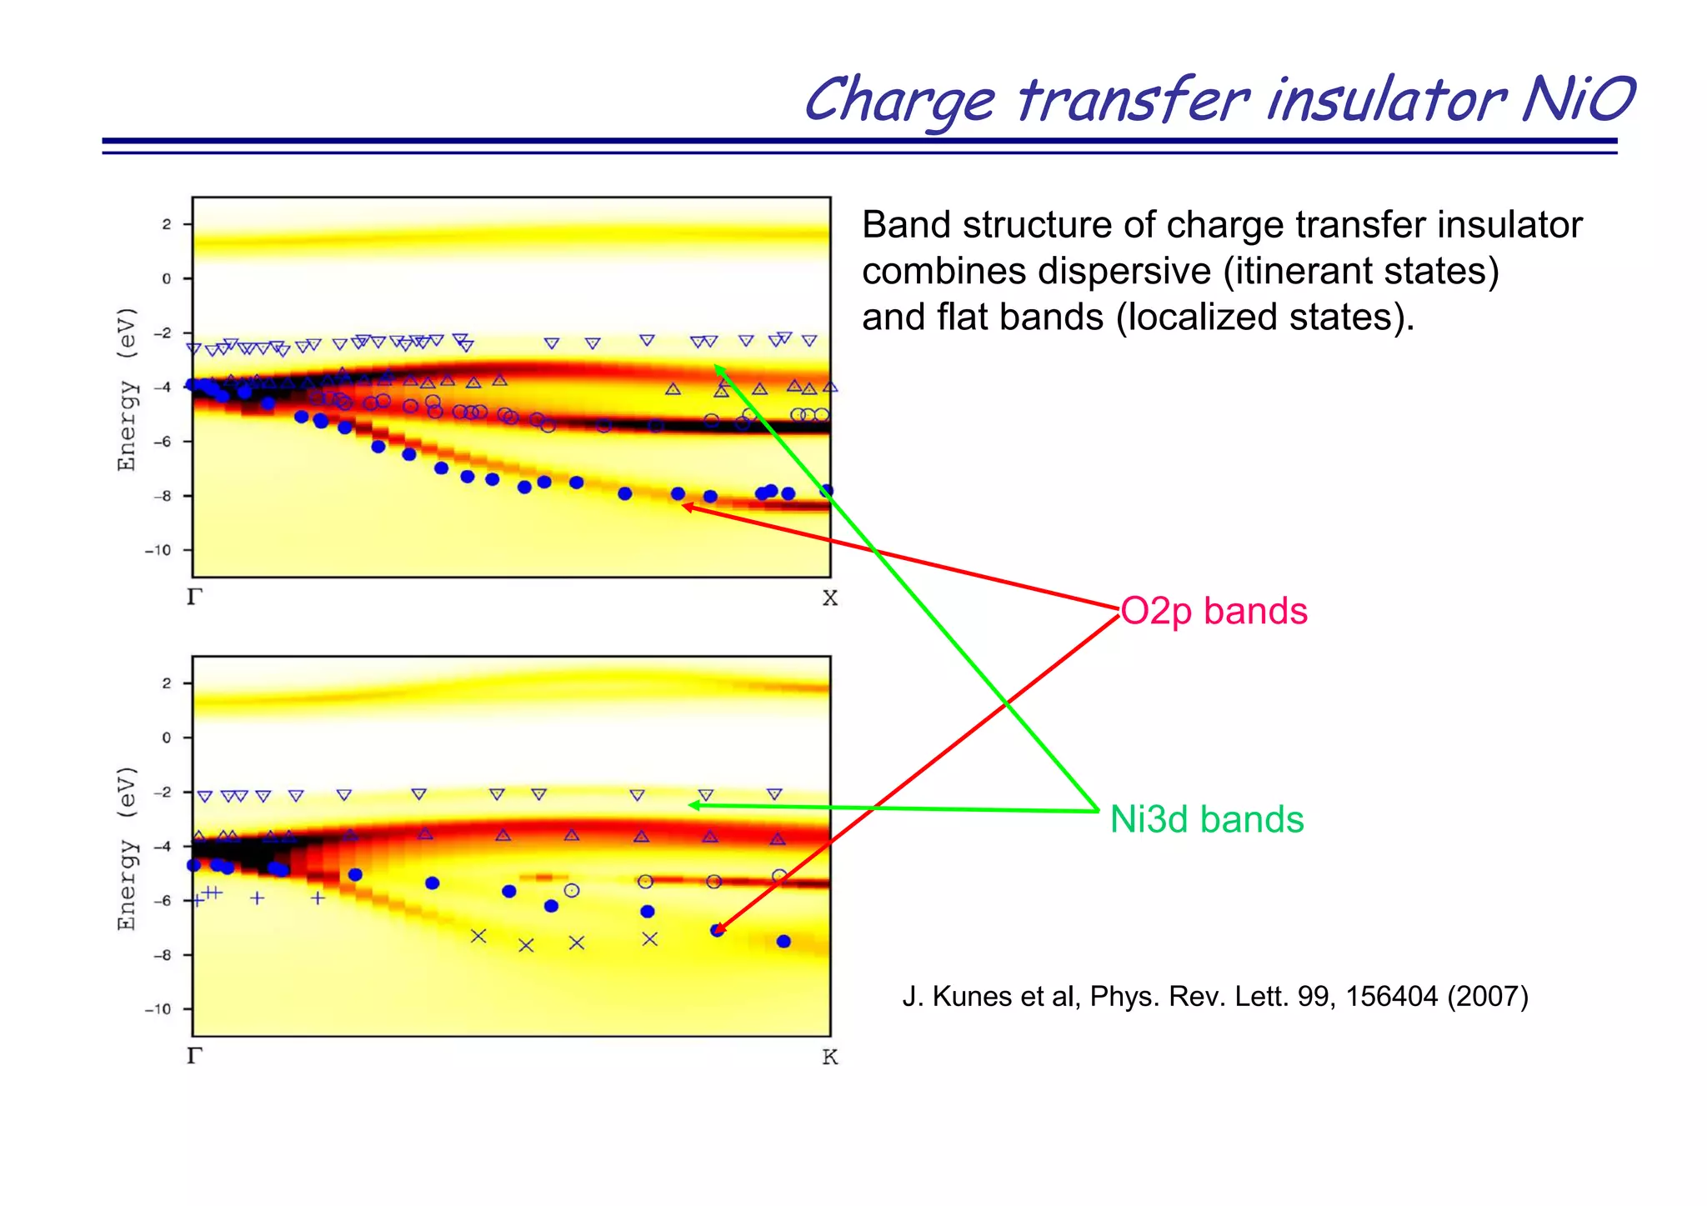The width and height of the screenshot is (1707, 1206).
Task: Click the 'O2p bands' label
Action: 1214,612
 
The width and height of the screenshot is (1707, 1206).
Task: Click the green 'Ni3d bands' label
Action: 1206,819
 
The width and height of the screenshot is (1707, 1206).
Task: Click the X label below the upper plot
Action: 829,598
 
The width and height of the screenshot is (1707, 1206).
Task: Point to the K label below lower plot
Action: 829,1058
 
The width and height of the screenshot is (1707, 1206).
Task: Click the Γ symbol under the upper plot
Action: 194,598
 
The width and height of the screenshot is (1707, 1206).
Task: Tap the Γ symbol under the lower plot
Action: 194,1056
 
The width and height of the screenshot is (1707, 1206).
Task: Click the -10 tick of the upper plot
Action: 158,550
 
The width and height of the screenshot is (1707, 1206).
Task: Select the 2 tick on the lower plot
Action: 166,683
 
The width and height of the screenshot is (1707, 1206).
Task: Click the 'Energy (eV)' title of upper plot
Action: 127,389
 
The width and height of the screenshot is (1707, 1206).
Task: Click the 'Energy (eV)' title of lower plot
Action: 127,848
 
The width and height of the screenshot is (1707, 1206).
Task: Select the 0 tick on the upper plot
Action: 166,278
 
